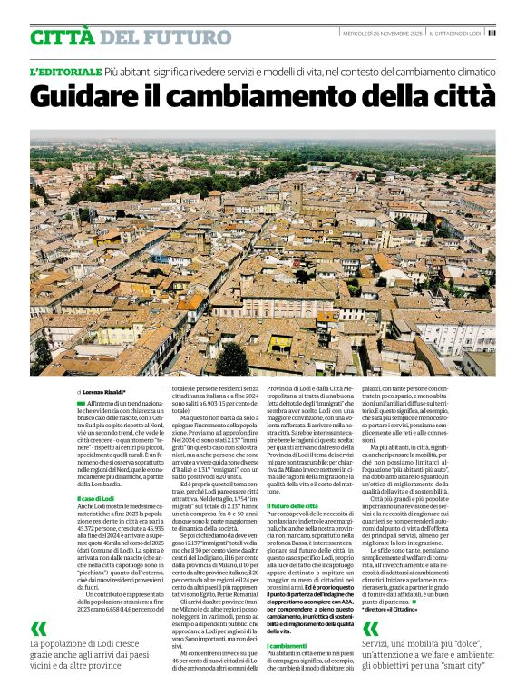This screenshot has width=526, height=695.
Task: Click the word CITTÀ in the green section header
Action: [61, 37]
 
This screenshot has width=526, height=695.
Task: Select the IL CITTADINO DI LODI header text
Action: [456, 34]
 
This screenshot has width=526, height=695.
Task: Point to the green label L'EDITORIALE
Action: [64, 70]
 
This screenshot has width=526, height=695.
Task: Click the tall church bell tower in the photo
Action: [297, 192]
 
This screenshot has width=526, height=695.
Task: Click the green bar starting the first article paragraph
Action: [80, 376]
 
